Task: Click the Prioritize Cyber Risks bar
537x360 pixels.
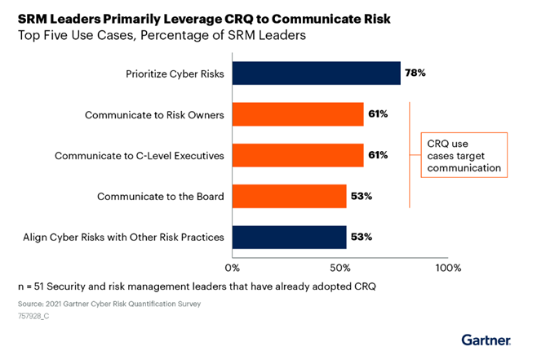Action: pos(317,73)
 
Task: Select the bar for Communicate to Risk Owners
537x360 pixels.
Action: pos(298,114)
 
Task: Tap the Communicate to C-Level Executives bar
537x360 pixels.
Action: pos(298,155)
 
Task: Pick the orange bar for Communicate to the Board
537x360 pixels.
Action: pos(290,196)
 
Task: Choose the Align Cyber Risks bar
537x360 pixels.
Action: pos(290,237)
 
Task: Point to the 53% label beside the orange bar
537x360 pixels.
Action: pos(362,196)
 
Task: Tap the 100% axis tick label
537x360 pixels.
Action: pos(448,267)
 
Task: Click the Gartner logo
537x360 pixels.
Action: pos(486,339)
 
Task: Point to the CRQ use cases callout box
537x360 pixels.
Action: pos(464,155)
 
